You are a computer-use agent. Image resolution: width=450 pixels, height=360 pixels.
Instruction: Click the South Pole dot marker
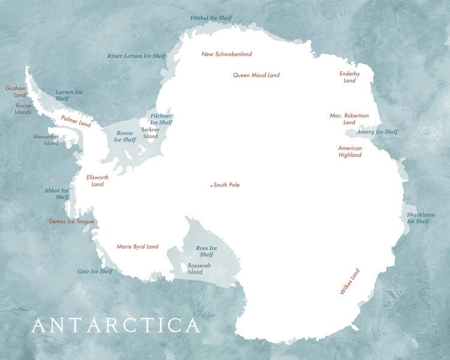[x=211, y=185]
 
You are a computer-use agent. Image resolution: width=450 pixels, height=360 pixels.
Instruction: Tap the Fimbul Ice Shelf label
[x=211, y=19]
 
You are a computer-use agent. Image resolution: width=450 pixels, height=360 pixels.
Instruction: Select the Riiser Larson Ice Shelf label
[x=136, y=56]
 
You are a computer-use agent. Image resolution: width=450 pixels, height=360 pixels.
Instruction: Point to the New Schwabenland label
[x=226, y=54]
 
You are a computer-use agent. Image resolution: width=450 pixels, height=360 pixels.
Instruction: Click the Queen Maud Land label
[x=256, y=75]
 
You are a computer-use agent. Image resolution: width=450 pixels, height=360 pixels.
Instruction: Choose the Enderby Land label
[x=349, y=77]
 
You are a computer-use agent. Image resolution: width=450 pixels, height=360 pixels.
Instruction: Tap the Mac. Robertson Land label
[x=349, y=119]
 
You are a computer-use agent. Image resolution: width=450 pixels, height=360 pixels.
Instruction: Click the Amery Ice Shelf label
[x=377, y=132]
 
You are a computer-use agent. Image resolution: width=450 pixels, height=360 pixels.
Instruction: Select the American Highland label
[x=350, y=151]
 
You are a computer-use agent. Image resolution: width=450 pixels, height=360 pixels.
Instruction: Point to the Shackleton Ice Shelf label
[x=420, y=218]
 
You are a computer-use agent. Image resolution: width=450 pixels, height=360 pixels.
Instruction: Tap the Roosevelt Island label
[x=195, y=268]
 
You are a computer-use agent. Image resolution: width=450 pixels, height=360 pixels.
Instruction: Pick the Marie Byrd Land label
[x=137, y=247]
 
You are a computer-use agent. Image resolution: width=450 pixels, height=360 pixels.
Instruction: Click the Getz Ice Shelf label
[x=95, y=271]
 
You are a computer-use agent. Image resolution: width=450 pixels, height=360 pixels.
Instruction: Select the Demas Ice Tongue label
[x=71, y=221]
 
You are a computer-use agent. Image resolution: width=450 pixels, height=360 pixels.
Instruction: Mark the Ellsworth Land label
[x=97, y=181]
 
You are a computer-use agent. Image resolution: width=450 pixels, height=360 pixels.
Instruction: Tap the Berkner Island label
[x=150, y=133]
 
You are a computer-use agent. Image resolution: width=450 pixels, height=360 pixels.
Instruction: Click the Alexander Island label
[x=46, y=140]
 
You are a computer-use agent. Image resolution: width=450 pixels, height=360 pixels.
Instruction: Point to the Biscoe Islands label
[x=23, y=109]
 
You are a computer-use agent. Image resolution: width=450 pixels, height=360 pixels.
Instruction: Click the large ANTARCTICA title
[x=115, y=326]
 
